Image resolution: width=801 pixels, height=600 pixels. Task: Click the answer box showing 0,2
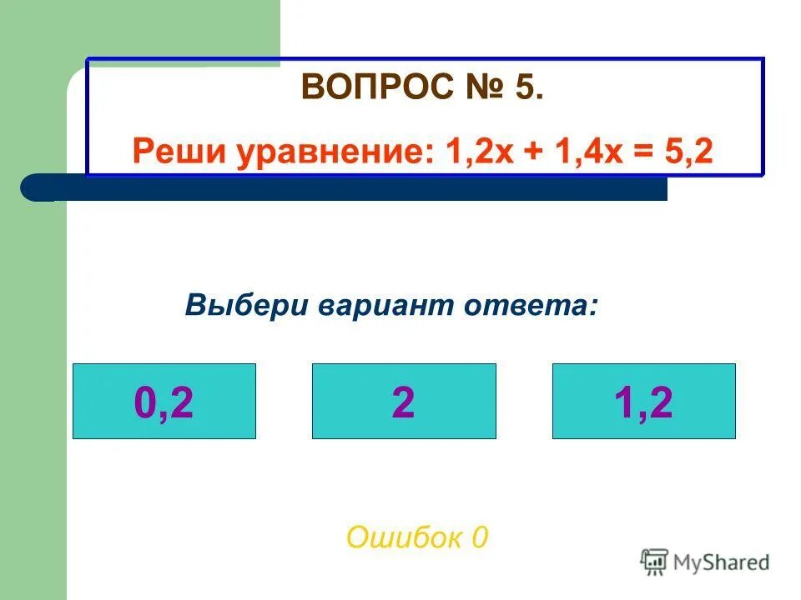pos(164,402)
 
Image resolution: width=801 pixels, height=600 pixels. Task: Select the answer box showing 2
pos(404,402)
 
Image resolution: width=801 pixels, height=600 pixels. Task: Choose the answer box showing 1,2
pos(644,402)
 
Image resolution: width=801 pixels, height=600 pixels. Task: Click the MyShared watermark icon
pos(655,562)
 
